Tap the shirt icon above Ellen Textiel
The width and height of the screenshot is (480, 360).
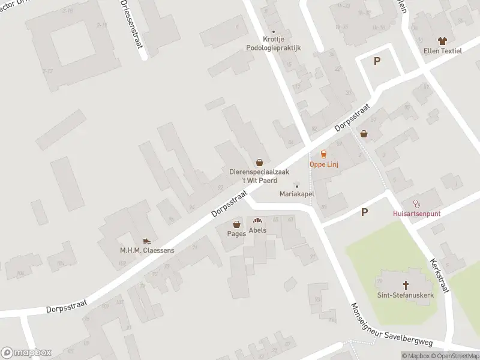(x=443, y=41)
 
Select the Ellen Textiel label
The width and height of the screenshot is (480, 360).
(x=443, y=51)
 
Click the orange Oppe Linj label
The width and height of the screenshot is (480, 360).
(x=323, y=164)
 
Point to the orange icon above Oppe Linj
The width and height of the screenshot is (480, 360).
(x=324, y=154)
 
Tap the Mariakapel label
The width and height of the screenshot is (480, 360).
(x=297, y=194)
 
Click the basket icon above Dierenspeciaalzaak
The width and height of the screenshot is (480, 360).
(x=259, y=162)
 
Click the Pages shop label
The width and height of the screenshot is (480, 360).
(x=236, y=233)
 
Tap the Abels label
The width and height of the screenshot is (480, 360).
(x=257, y=230)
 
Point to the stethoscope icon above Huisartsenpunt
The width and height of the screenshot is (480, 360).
(x=416, y=203)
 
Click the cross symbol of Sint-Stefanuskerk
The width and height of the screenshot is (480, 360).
(x=406, y=284)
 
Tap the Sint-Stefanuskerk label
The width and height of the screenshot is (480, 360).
(x=405, y=295)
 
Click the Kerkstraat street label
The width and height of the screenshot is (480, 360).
(x=440, y=277)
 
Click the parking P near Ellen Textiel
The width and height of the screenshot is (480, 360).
(x=377, y=61)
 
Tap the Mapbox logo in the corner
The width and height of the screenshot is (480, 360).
(x=26, y=353)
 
